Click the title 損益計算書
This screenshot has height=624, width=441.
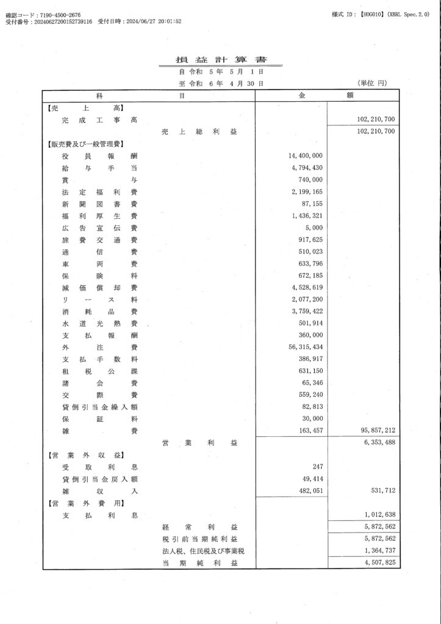220,60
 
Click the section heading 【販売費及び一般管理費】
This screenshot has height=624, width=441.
85,144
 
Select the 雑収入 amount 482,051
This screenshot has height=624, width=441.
309,491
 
